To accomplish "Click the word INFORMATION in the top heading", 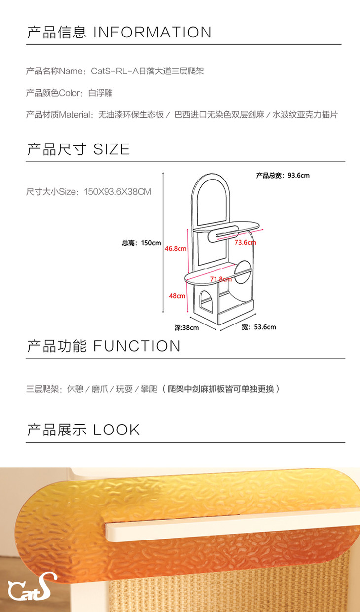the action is (152, 33).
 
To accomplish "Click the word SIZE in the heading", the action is (111, 149).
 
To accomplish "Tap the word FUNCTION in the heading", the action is (137, 346).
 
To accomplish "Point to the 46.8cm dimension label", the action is (176, 249).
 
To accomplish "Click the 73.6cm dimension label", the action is (245, 243).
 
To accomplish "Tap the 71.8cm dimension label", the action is (220, 279).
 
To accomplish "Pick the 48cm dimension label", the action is (177, 296).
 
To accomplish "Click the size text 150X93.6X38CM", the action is (117, 192).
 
